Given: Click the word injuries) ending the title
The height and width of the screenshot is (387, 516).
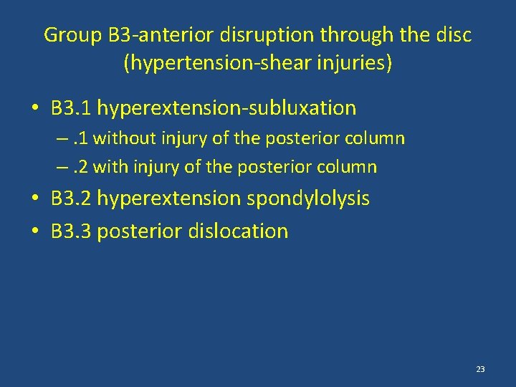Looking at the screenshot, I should coord(360,63).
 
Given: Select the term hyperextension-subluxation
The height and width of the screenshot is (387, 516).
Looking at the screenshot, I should coord(226,108).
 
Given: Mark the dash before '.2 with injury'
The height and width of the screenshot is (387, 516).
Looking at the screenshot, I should coord(64,168).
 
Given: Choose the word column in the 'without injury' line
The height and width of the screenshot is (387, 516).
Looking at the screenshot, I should coord(378,138).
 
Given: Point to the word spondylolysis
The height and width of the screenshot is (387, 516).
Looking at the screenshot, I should coord(308,199).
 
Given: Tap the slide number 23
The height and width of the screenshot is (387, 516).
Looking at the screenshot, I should coord(480,369).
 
